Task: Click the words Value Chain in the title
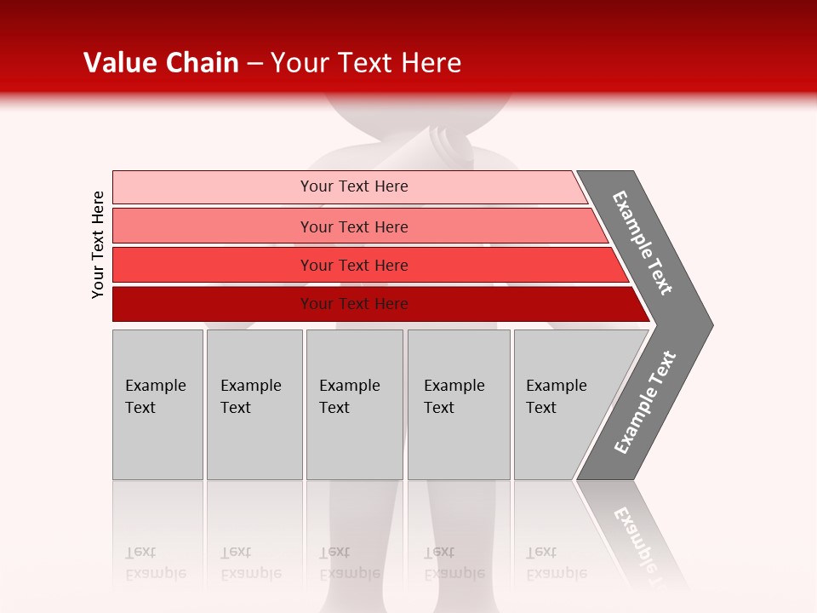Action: pyautogui.click(x=161, y=63)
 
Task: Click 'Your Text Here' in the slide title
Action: pyautogui.click(x=366, y=63)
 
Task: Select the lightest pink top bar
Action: pyautogui.click(x=213, y=186)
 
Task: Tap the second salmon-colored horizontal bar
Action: pyautogui.click(x=213, y=226)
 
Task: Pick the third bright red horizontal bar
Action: pyautogui.click(x=213, y=265)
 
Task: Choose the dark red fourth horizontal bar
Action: pyautogui.click(x=213, y=304)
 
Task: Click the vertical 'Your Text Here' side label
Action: pyautogui.click(x=98, y=244)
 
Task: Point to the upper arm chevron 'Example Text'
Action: pyautogui.click(x=643, y=243)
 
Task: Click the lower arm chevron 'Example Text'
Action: pyautogui.click(x=644, y=403)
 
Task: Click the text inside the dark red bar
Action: pyautogui.click(x=354, y=304)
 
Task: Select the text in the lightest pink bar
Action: pyautogui.click(x=354, y=186)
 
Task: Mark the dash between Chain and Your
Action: pyautogui.click(x=254, y=64)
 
